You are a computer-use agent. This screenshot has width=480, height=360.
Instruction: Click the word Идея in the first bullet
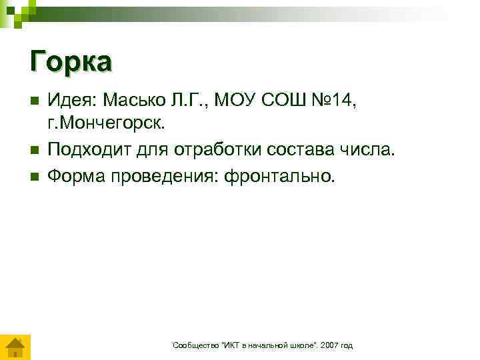click(71, 100)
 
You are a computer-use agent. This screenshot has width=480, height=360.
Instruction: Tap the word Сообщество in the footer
click(193, 345)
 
